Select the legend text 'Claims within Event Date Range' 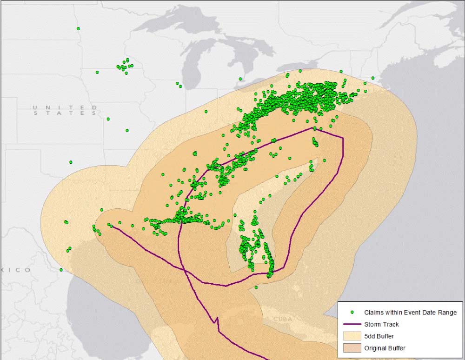(410, 313)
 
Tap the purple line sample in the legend (352, 324)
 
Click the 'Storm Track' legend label (381, 324)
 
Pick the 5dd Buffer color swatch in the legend (352, 336)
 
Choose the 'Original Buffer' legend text (385, 348)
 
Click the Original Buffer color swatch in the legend (352, 348)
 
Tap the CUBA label (283, 319)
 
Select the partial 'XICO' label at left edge (16, 270)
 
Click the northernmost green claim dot (78, 29)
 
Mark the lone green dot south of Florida (256, 287)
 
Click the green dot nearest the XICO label (61, 270)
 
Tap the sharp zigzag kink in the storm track (215, 320)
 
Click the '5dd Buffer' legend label (379, 336)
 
